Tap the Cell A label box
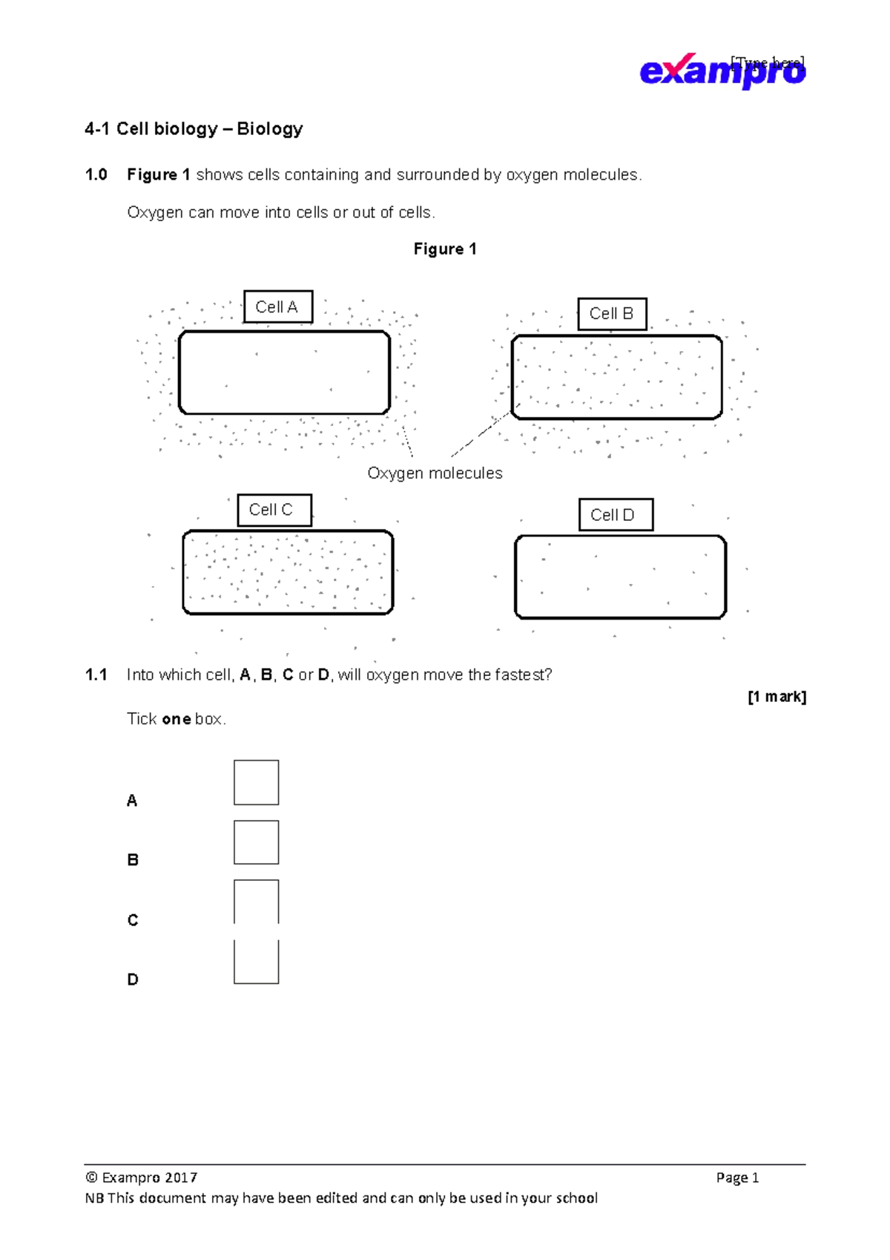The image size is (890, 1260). point(277,307)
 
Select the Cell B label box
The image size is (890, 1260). point(612,314)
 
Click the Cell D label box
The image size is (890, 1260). point(616,515)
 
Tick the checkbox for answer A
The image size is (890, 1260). point(256,782)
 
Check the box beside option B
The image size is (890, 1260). point(256,842)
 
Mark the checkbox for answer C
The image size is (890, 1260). point(256,902)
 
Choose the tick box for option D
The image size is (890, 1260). point(256,962)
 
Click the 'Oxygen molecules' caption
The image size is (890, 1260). point(435,473)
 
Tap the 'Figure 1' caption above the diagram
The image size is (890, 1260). point(445,249)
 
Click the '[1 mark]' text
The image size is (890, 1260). point(777,697)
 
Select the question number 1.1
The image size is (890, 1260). point(96,675)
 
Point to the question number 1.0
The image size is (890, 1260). point(96,175)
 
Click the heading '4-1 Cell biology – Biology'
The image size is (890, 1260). point(194,129)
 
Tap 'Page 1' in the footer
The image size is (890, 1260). point(737,1178)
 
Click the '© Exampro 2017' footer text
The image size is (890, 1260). point(142,1178)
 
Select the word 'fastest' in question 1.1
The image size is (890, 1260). point(523,675)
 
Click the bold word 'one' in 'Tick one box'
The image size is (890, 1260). point(177,719)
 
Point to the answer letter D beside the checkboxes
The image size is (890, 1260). point(133,980)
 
